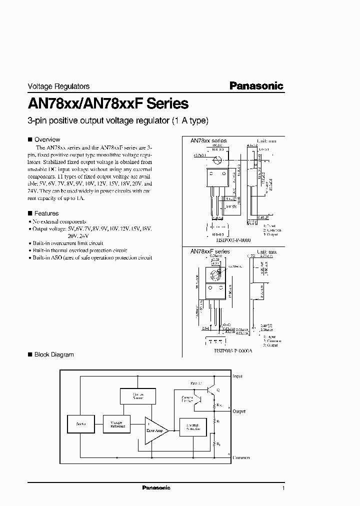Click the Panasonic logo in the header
click(x=256, y=85)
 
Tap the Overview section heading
click(x=47, y=139)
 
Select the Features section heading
click(x=46, y=213)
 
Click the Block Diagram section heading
click(x=53, y=354)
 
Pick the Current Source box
click(x=137, y=396)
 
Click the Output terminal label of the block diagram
click(x=239, y=411)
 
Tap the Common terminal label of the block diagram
click(x=240, y=457)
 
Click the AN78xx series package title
click(x=208, y=141)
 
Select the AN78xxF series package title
click(x=209, y=251)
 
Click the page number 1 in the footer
click(x=283, y=487)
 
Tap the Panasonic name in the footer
click(x=156, y=487)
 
